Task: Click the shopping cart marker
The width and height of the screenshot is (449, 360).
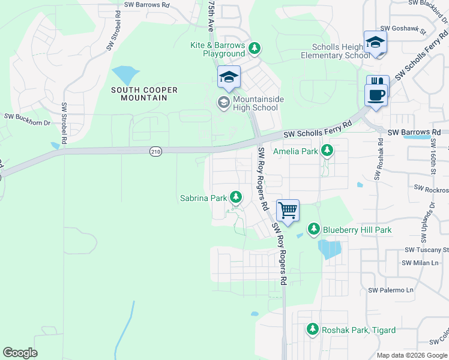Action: click(x=288, y=211)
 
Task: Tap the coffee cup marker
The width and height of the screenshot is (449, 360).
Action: click(x=376, y=95)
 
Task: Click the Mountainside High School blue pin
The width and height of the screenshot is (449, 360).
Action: click(x=229, y=77)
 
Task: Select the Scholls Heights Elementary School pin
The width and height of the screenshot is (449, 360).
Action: click(x=375, y=43)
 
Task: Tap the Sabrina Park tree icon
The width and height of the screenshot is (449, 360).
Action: click(x=236, y=197)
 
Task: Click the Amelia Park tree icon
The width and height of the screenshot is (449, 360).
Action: click(x=327, y=151)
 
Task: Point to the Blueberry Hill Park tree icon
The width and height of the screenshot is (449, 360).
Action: click(x=313, y=229)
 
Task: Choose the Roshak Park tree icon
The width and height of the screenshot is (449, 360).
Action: click(x=312, y=329)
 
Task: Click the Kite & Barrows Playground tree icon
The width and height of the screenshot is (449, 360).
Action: click(x=255, y=48)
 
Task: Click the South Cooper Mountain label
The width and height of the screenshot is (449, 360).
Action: click(x=144, y=94)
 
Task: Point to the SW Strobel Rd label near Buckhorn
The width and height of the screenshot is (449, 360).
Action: click(x=64, y=123)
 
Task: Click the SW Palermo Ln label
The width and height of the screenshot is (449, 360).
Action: click(x=391, y=290)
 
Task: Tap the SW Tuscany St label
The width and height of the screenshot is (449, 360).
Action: click(x=427, y=250)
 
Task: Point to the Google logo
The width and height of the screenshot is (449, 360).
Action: click(x=20, y=353)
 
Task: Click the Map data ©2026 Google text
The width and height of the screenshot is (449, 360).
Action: click(x=412, y=355)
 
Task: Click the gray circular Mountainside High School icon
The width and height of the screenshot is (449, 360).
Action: click(x=223, y=103)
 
